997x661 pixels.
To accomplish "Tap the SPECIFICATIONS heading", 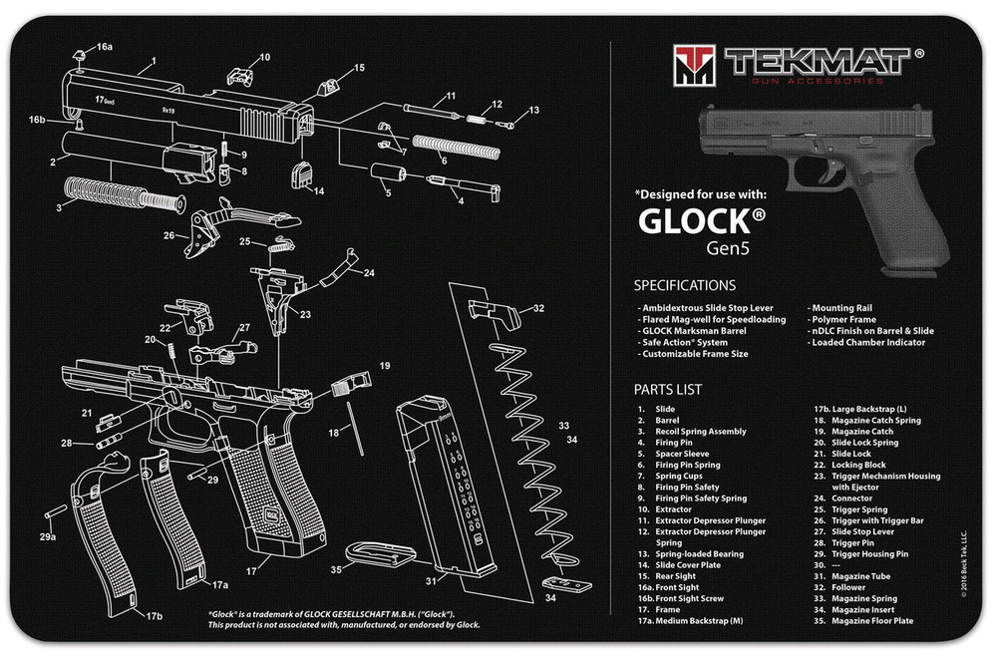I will click(x=684, y=285).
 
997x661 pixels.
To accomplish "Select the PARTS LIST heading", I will click(x=667, y=389).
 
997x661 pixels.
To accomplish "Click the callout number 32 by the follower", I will click(x=538, y=308).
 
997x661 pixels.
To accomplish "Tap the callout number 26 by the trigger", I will click(x=168, y=236).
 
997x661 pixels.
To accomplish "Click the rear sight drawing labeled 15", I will click(x=328, y=86).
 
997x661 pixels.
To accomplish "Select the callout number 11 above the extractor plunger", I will click(x=451, y=96).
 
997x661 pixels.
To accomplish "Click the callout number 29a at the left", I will click(x=48, y=537).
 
